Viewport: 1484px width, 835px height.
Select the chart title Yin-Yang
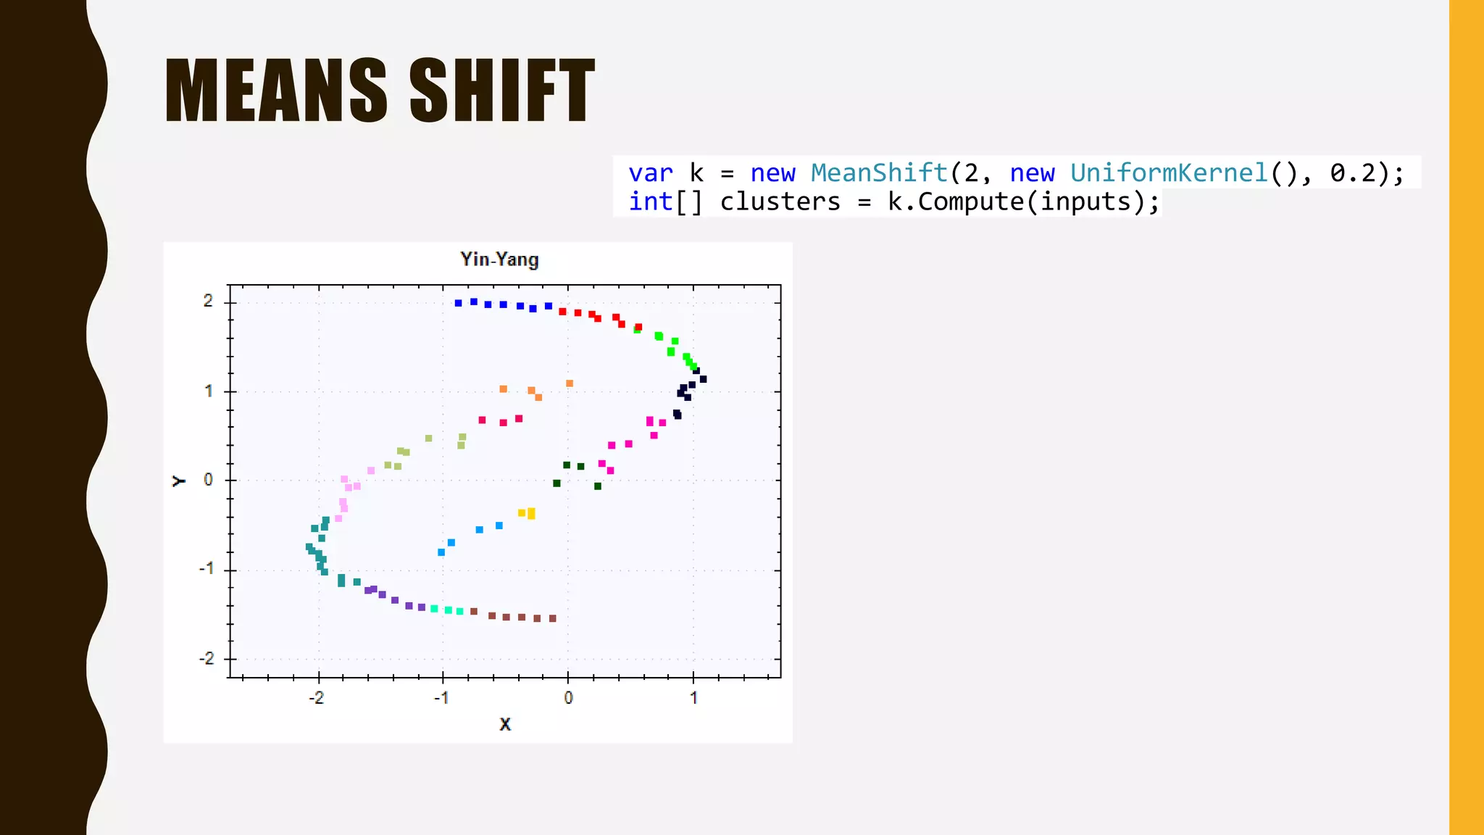(499, 259)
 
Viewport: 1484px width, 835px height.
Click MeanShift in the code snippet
(879, 173)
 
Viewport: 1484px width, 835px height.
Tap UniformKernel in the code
(1169, 173)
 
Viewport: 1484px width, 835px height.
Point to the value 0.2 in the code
(1352, 173)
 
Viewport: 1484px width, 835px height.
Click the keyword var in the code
(650, 173)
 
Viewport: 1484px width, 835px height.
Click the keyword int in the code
(650, 202)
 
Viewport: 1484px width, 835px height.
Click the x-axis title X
(505, 723)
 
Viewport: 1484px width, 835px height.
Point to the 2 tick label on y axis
(208, 301)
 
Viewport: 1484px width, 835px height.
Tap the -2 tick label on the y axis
(207, 659)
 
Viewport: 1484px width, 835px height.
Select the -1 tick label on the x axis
(441, 698)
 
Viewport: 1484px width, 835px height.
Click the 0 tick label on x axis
(568, 698)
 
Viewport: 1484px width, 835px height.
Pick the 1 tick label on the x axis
(693, 698)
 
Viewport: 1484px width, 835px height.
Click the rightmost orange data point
(570, 383)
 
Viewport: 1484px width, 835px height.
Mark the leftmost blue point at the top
(458, 303)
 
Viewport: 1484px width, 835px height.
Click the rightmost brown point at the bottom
(553, 618)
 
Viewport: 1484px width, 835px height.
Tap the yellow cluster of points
(528, 513)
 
